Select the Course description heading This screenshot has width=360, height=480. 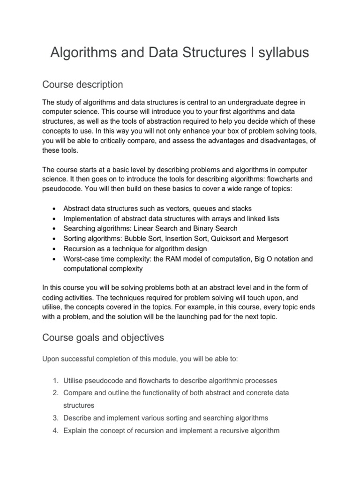[x=82, y=84]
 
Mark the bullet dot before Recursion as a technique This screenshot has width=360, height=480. [x=55, y=249]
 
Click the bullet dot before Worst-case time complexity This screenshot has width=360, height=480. [x=55, y=259]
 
